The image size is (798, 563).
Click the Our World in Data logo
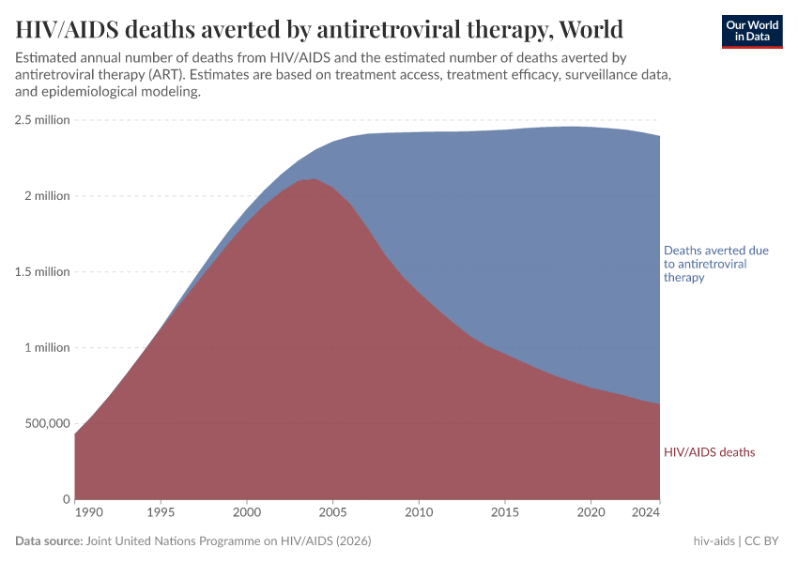tap(751, 31)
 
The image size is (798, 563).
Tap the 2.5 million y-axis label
tap(42, 120)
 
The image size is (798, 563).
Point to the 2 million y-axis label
tap(48, 196)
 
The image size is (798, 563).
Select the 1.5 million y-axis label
tap(42, 272)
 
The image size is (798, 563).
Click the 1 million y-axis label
tap(48, 348)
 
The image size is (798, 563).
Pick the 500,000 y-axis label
tap(45, 423)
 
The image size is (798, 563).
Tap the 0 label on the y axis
tap(66, 499)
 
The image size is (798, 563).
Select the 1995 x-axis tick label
tap(161, 513)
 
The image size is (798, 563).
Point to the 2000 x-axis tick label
tap(247, 513)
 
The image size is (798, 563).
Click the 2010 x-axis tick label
tap(419, 513)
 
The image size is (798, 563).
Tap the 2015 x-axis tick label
tap(505, 513)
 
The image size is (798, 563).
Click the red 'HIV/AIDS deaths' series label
tap(709, 452)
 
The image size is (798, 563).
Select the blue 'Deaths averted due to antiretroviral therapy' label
tap(715, 265)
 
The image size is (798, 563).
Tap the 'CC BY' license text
tap(763, 541)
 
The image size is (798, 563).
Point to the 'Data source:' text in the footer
tap(49, 541)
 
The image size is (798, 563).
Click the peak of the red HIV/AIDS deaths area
tap(314, 179)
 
